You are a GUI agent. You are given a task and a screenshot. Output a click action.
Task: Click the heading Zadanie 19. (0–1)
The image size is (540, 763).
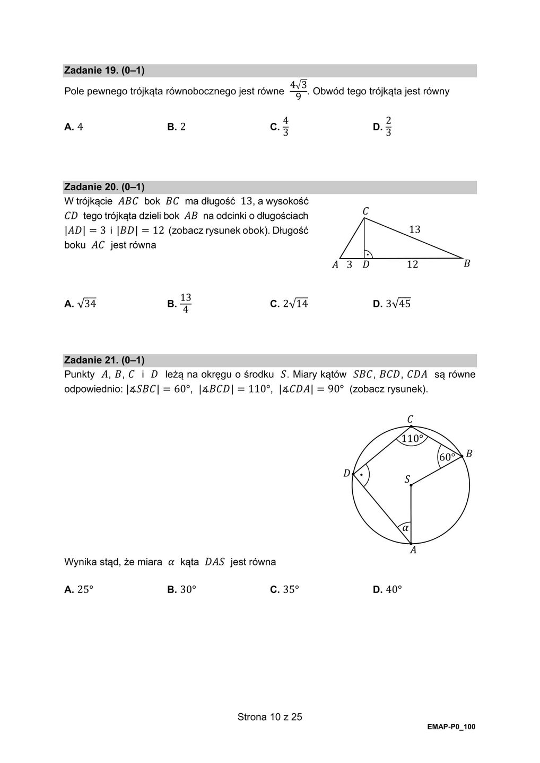pos(104,70)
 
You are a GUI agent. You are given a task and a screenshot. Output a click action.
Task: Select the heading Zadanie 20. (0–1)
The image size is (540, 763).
pos(104,187)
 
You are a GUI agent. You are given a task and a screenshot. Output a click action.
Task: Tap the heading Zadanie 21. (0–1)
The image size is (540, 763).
pos(104,360)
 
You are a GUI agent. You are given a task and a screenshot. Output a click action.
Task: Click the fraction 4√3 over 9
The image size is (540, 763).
pos(299,90)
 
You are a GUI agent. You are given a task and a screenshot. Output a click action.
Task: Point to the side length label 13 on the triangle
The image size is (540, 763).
pos(415,229)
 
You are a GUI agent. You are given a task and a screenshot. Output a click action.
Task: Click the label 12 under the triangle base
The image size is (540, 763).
pos(412,264)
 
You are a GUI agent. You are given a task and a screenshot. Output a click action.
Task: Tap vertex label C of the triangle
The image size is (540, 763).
pos(365,211)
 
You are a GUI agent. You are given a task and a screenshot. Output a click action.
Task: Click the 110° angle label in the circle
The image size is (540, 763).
pos(412,439)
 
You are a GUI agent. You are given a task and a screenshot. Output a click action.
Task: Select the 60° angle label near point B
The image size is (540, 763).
pos(447,457)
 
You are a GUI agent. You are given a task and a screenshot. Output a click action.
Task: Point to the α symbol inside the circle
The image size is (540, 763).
pos(405,528)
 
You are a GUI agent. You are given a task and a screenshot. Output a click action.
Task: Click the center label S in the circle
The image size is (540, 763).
pos(407,480)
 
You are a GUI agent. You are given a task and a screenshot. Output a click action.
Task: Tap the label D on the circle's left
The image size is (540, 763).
pos(347,473)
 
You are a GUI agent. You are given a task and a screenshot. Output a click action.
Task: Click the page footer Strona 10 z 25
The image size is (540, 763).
pos(269,717)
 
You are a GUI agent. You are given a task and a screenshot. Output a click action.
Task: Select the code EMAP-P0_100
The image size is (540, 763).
pos(451,727)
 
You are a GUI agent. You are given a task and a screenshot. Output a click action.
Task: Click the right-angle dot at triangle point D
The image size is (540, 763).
pos(368,255)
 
